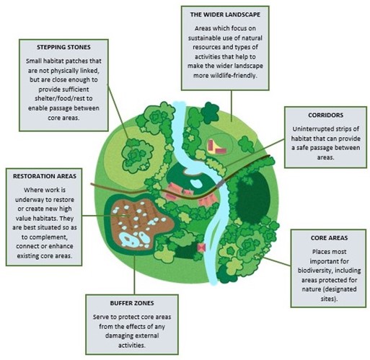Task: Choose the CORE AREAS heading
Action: coord(318,238)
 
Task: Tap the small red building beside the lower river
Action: coord(202,246)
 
